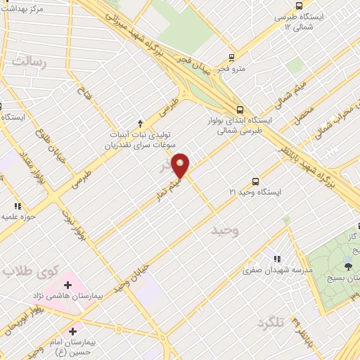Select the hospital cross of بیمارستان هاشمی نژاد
(67, 285)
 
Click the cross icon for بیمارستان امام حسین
(72, 330)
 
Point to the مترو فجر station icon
(231, 58)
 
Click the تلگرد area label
(269, 321)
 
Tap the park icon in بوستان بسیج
(347, 264)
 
